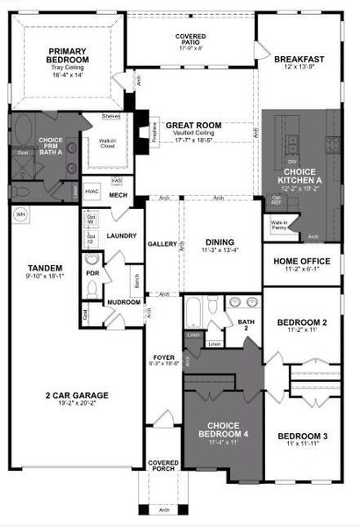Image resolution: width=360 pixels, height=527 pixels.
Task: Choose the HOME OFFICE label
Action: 301,262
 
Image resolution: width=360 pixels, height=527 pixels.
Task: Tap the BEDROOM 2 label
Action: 302,323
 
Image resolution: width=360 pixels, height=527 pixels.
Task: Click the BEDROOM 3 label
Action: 302,437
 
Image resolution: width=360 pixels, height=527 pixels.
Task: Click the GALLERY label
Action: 162,244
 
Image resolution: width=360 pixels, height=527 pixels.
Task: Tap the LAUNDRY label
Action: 120,236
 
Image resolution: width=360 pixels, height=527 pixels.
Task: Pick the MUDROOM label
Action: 124,301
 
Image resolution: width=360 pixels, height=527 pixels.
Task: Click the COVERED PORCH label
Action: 163,467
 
